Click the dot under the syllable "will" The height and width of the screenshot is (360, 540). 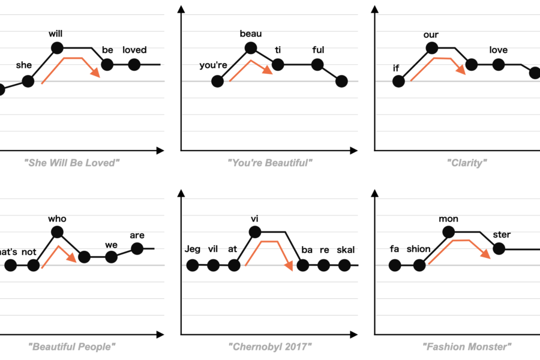(x=57, y=48)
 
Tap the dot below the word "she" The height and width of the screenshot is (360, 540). (x=28, y=81)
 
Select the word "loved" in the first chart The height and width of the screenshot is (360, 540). (x=134, y=50)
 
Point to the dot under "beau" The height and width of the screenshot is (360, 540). (x=251, y=48)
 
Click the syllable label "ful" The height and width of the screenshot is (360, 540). (x=318, y=50)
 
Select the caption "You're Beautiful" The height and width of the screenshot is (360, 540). (x=271, y=163)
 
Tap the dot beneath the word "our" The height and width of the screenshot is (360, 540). (x=431, y=48)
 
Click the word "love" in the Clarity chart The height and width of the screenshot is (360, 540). (x=498, y=50)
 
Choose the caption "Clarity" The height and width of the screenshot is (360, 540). (x=467, y=163)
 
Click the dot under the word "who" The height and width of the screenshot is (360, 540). (x=58, y=232)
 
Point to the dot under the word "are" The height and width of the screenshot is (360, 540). (x=137, y=248)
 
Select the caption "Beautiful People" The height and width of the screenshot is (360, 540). (x=71, y=346)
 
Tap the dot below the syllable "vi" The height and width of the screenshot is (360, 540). (x=254, y=232)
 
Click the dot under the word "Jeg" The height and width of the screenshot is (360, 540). (x=193, y=265)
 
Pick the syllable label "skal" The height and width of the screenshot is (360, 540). (x=346, y=250)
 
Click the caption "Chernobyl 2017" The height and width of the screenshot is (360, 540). (x=271, y=346)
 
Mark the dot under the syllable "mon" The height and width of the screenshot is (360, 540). (x=448, y=232)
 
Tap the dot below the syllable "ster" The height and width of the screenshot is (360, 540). (x=499, y=248)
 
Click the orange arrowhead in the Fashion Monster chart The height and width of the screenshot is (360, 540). (x=485, y=254)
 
